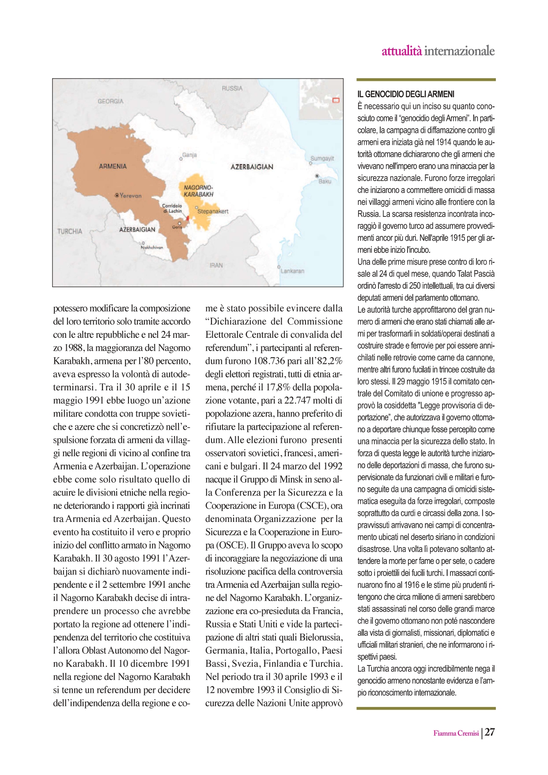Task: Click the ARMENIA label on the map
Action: tap(113, 166)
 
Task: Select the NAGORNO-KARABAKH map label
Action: tap(198, 191)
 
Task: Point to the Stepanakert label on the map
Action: tap(213, 212)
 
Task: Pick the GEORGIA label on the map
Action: tap(110, 102)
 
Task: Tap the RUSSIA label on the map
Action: tap(232, 88)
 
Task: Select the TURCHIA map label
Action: tap(70, 231)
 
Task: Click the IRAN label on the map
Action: tap(216, 265)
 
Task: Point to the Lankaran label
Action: tap(292, 271)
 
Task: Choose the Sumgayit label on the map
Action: tap(322, 158)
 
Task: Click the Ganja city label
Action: tap(189, 155)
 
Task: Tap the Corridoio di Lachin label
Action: tap(172, 208)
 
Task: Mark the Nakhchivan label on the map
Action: tap(152, 247)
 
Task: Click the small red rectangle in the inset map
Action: tap(336, 100)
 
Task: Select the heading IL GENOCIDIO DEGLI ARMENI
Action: tap(405, 94)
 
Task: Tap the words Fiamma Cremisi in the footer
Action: tap(456, 733)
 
